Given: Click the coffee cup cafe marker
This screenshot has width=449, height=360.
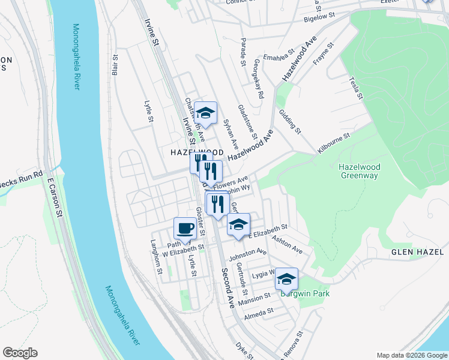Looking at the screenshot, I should [x=185, y=228].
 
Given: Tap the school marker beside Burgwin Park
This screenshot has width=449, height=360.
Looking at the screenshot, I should [x=286, y=279].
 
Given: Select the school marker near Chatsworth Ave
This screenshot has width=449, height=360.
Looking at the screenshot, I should [x=205, y=113].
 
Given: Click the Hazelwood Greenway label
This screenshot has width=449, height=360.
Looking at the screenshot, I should [x=359, y=171].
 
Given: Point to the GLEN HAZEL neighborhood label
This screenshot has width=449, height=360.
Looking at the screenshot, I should [x=417, y=252].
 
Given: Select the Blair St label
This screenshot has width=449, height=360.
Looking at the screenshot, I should [x=114, y=67].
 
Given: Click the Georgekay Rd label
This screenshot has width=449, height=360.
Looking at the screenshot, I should [x=258, y=79].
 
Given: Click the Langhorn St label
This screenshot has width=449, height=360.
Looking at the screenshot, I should [x=157, y=258].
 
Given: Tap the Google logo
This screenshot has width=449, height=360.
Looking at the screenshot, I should [x=20, y=353].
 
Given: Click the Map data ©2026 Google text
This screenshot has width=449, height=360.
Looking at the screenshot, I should [x=412, y=355].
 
